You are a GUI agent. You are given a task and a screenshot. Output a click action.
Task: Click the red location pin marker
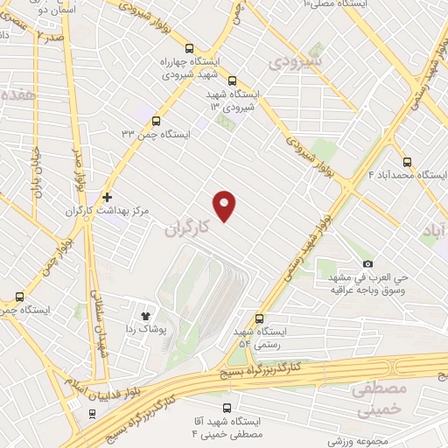click(226, 205)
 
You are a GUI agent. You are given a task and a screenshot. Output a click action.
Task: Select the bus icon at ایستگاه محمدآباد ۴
click(408, 162)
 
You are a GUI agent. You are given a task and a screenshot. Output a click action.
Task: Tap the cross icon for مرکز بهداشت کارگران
click(108, 199)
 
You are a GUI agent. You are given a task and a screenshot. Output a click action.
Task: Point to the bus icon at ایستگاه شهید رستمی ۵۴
click(258, 319)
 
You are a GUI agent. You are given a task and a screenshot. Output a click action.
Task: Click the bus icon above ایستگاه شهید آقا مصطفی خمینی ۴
click(228, 408)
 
